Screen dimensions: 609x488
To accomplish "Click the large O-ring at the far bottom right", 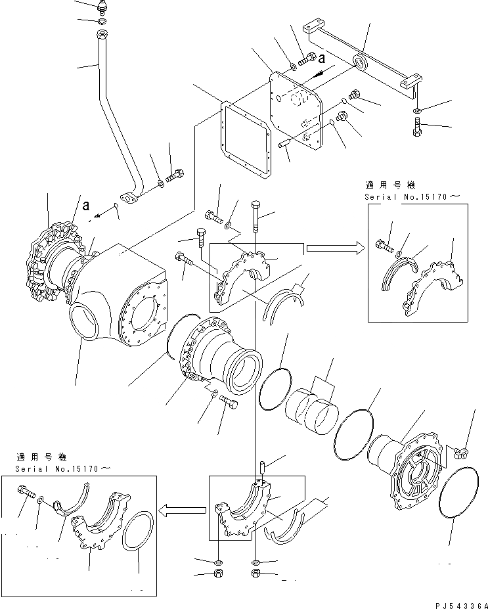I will click(460, 494).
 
